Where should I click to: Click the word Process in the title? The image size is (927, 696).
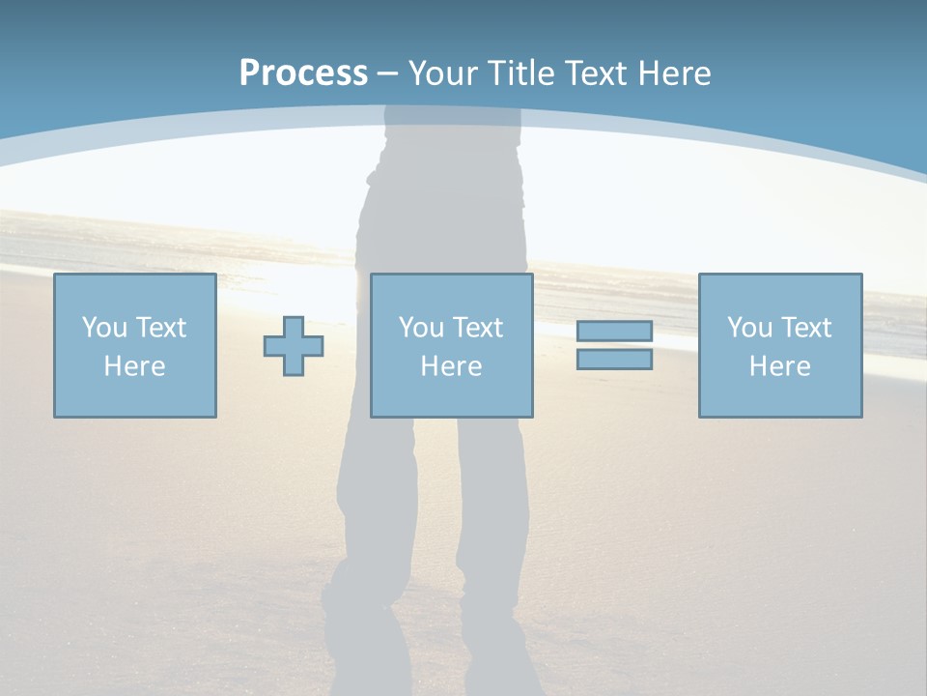pyautogui.click(x=303, y=73)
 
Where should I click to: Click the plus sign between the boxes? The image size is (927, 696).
pyautogui.click(x=294, y=346)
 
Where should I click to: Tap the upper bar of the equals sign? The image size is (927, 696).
pyautogui.click(x=614, y=332)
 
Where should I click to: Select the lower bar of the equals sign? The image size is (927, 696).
pyautogui.click(x=614, y=359)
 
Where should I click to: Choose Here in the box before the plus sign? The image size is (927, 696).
pyautogui.click(x=134, y=366)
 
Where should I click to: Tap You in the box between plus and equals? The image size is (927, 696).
pyautogui.click(x=420, y=328)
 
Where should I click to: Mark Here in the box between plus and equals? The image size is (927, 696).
pyautogui.click(x=451, y=366)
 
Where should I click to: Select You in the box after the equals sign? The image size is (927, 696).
pyautogui.click(x=748, y=328)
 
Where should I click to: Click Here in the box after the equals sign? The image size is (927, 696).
pyautogui.click(x=779, y=366)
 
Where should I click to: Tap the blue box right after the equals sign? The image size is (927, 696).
pyautogui.click(x=780, y=396)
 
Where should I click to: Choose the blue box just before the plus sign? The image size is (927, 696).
pyautogui.click(x=135, y=396)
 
